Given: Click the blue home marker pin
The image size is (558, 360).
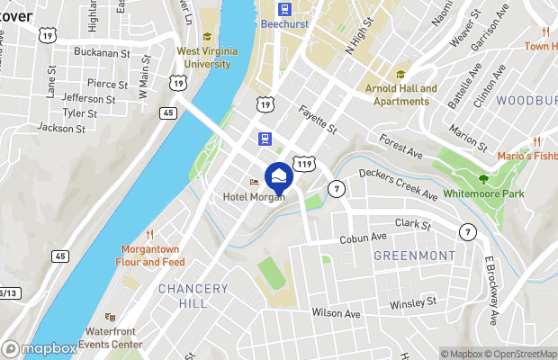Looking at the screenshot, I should point(279,175).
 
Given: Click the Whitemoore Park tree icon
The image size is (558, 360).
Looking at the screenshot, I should point(483,179).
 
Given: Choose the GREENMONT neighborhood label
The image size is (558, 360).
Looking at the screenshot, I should point(414,256).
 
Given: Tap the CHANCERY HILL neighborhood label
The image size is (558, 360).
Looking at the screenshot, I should point(193,295).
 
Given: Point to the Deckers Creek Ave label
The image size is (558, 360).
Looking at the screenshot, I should point(398,184).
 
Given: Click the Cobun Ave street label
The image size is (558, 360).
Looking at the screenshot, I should point(363,238).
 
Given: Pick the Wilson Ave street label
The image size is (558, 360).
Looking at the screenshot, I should point(336,313).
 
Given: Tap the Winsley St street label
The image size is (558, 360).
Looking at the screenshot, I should point(412,302).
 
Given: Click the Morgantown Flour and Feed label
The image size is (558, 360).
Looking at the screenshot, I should point(149,256).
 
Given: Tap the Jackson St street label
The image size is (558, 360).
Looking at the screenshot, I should point(61,128).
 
